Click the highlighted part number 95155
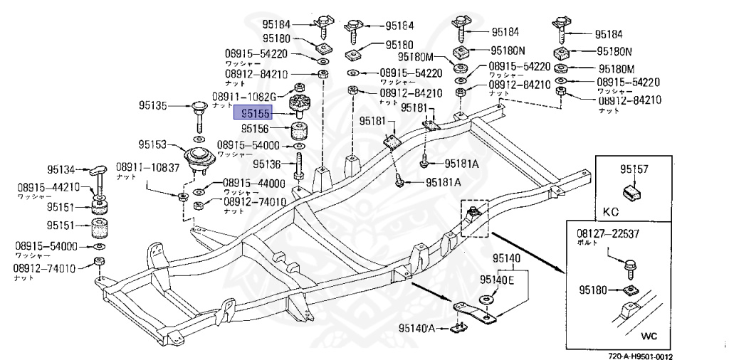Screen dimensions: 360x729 pyautogui.click(x=254, y=112)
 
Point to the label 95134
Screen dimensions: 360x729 pyautogui.click(x=61, y=169)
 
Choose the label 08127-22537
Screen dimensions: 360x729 pyautogui.click(x=608, y=233)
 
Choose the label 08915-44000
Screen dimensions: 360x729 pyautogui.click(x=253, y=183)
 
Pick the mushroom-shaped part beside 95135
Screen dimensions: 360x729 pyautogui.click(x=196, y=108)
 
